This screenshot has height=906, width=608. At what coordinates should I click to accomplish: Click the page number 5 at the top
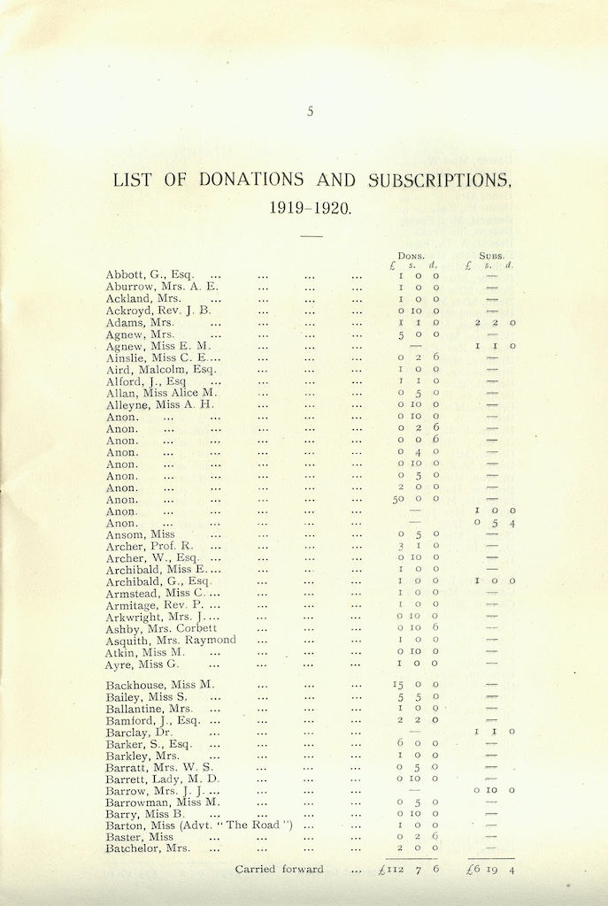pyautogui.click(x=310, y=111)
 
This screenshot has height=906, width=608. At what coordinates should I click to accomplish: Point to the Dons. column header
pyautogui.click(x=411, y=255)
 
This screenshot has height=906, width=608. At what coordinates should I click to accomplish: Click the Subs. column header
pyautogui.click(x=491, y=255)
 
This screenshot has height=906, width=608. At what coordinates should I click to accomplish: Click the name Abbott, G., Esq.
pyautogui.click(x=150, y=275)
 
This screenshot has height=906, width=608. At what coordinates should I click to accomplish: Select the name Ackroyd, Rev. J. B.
pyautogui.click(x=158, y=311)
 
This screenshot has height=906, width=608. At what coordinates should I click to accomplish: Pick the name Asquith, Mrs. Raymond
pyautogui.click(x=171, y=640)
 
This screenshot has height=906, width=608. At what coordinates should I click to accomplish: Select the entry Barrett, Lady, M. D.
pyautogui.click(x=162, y=779)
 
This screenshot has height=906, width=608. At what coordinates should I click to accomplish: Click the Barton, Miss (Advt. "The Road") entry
pyautogui.click(x=199, y=825)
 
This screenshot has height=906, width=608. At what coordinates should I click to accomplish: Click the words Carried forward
pyautogui.click(x=279, y=870)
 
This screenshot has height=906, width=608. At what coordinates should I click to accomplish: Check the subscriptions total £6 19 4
pyautogui.click(x=491, y=870)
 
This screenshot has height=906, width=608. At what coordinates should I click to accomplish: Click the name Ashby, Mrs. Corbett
pyautogui.click(x=161, y=628)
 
